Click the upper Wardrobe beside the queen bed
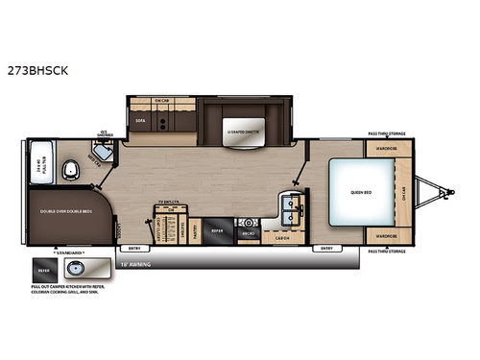pos(386,149)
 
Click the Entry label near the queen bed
pos(327,250)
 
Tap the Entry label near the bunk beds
pos(133,250)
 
